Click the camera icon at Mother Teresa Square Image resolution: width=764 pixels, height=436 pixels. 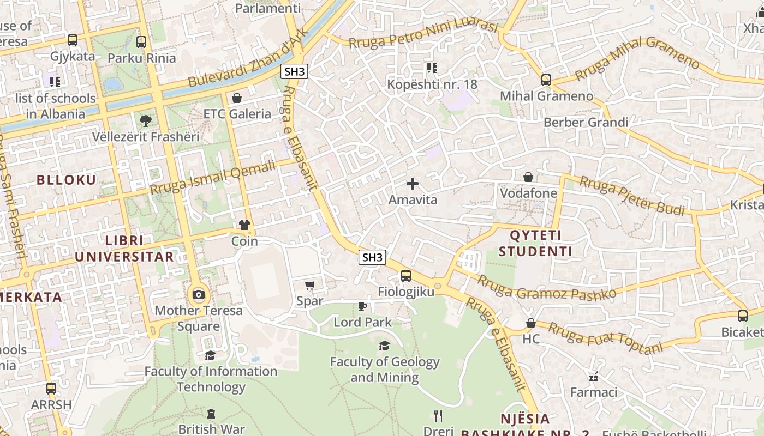click(199, 295)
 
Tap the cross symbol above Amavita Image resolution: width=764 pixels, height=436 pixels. click(413, 184)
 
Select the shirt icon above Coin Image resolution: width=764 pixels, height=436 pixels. click(244, 225)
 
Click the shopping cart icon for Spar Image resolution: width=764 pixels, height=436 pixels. click(309, 285)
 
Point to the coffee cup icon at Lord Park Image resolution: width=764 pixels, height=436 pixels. click(362, 306)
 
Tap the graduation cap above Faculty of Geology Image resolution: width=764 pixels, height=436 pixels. click(385, 346)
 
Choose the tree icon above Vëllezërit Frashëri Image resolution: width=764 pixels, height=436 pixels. click(145, 120)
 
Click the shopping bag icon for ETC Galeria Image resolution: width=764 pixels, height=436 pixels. click(237, 98)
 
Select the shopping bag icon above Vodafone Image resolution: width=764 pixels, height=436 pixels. click(528, 177)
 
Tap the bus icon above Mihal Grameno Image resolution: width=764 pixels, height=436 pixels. click(546, 80)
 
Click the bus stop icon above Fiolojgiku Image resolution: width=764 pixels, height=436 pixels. click(406, 276)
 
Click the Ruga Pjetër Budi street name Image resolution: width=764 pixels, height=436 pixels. click(631, 195)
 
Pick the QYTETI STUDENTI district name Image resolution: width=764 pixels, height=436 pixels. click(535, 244)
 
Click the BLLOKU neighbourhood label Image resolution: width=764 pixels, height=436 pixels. click(66, 180)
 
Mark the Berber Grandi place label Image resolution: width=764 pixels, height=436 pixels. click(586, 122)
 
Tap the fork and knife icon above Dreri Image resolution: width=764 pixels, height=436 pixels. click(438, 416)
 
